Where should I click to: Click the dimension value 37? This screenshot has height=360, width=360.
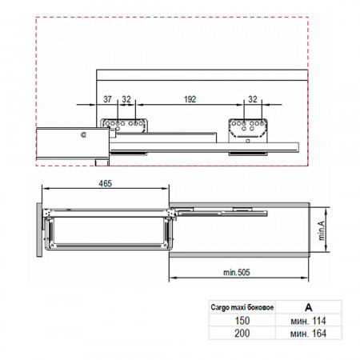107,99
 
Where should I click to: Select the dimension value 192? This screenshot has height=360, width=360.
190,99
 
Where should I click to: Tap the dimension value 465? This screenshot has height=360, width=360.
106,183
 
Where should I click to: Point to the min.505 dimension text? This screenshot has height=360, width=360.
237,272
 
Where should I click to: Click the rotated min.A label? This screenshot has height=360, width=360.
322,230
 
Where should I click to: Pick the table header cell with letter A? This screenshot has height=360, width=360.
308,307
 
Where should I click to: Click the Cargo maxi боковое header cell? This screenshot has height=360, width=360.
242,307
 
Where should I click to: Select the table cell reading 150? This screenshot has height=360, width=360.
242,320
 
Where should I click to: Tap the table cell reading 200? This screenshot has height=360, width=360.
242,333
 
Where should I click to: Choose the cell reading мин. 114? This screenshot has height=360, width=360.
308,320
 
